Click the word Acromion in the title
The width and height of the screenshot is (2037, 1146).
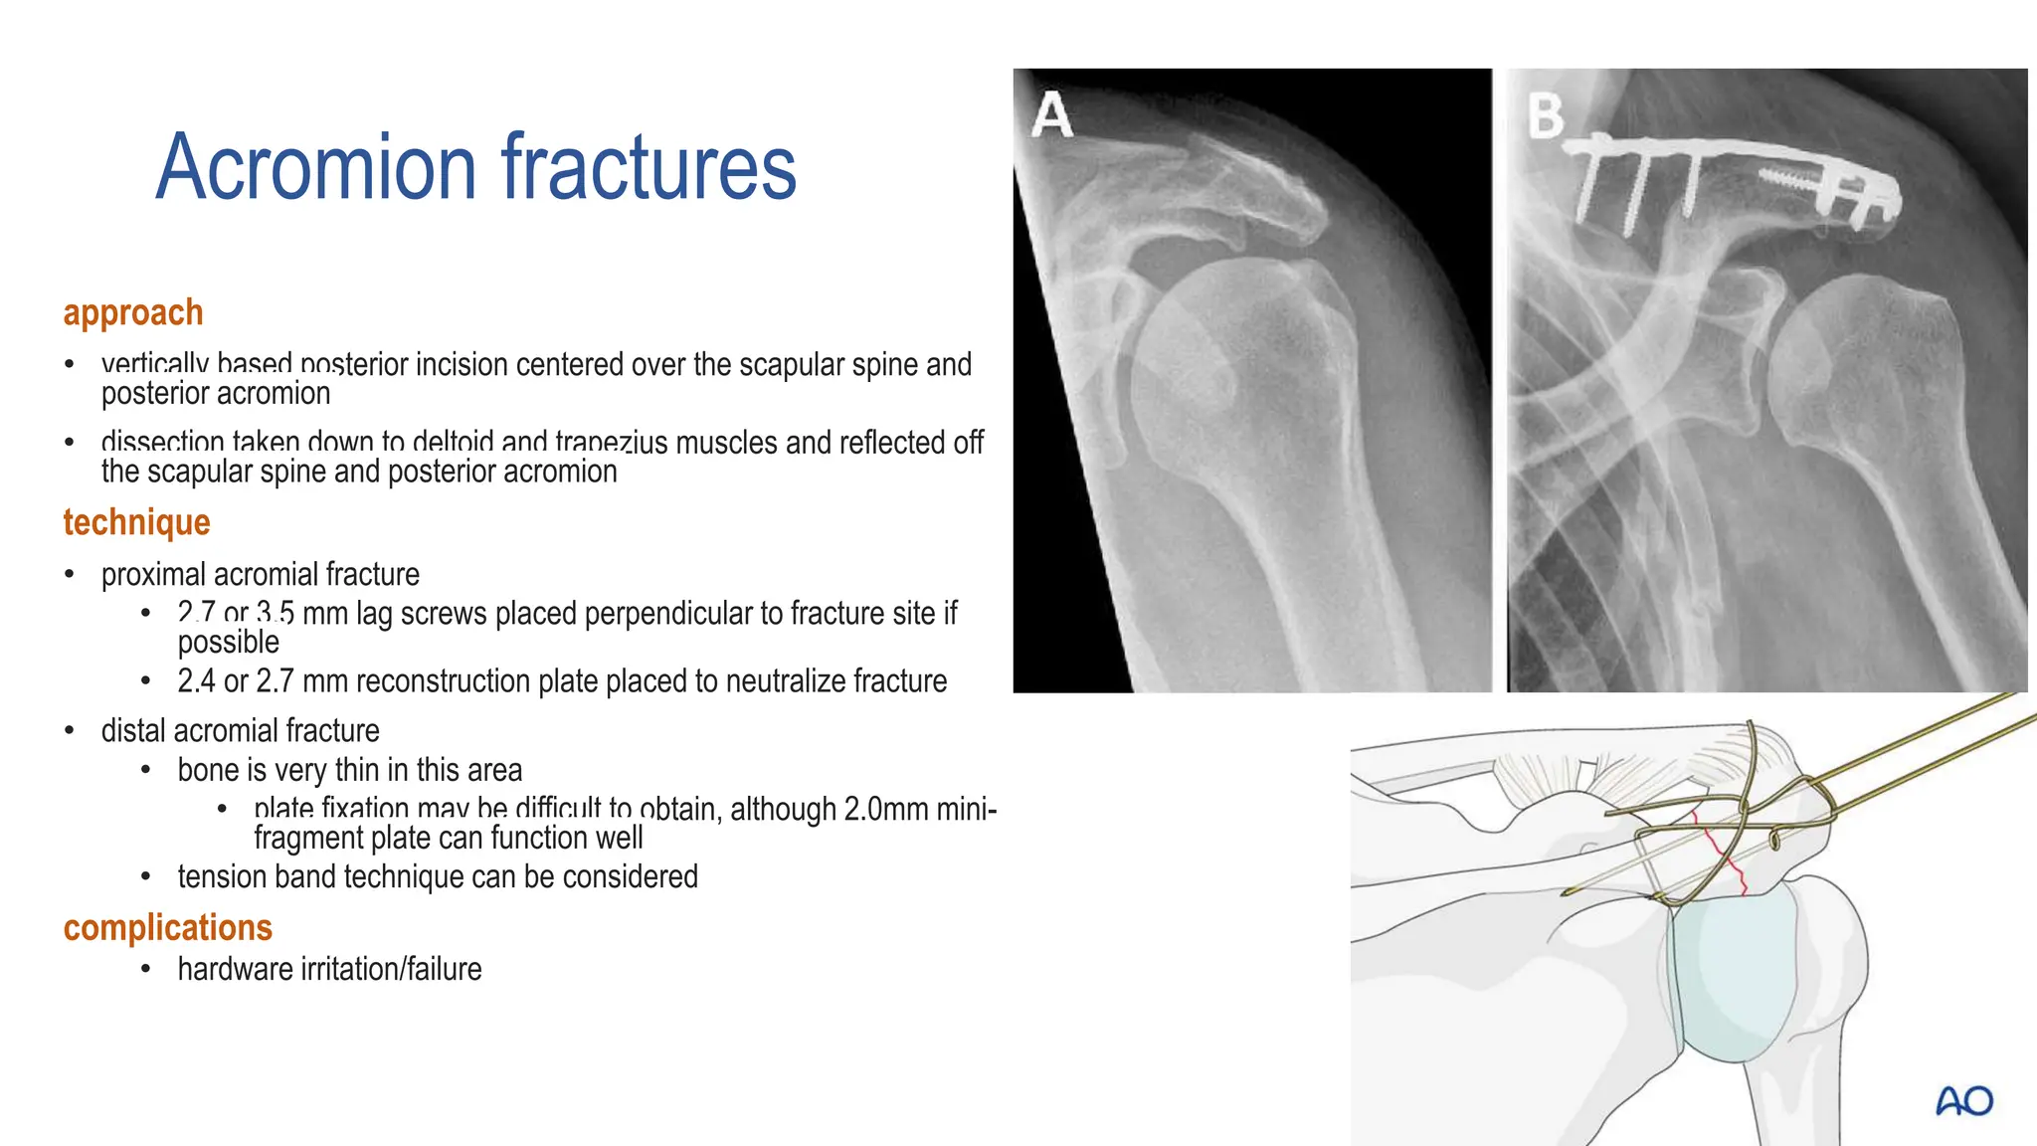pos(316,167)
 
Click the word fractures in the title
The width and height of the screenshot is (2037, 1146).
pos(648,167)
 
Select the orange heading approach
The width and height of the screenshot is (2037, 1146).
pos(133,312)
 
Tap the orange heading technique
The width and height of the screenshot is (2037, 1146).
pos(136,522)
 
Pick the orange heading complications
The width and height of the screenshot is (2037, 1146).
pos(167,927)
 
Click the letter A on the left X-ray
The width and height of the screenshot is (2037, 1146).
pos(1051,115)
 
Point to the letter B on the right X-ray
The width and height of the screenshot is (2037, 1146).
pos(1545,115)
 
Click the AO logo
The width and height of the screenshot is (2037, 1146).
pos(1964,1101)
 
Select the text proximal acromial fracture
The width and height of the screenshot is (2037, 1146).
pos(261,574)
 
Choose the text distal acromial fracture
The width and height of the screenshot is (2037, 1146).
pos(241,731)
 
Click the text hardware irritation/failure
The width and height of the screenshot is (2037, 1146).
pos(329,969)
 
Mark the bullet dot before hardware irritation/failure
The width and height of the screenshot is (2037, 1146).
pos(145,969)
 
